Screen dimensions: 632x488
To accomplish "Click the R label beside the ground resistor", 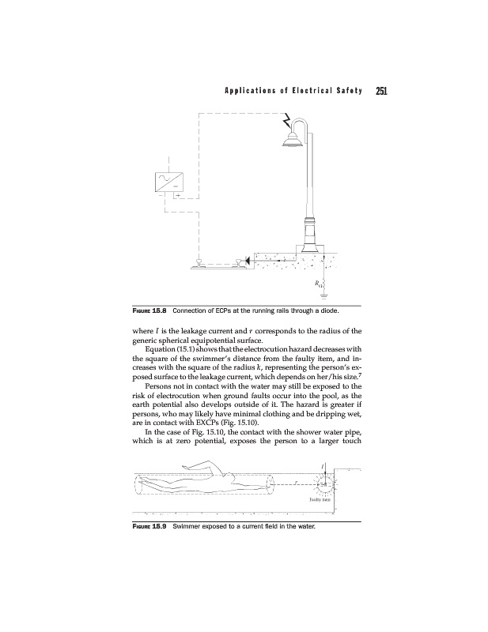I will point(314,282).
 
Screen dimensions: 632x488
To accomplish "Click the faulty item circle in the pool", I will point(324,483).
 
